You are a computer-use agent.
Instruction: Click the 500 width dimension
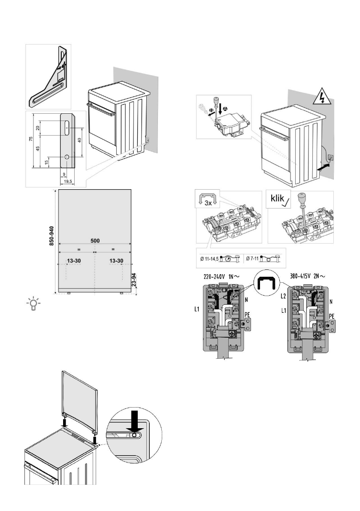click(x=94, y=242)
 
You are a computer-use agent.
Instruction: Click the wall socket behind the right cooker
click(x=330, y=157)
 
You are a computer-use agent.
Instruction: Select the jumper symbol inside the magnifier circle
click(x=266, y=284)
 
